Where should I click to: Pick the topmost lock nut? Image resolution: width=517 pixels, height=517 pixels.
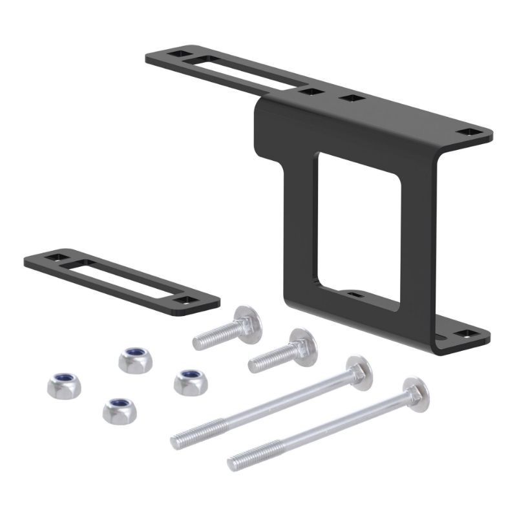[x=134, y=357]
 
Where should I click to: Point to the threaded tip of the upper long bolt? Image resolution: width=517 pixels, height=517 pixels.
[x=181, y=440]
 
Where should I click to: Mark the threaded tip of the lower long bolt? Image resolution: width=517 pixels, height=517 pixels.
[x=238, y=461]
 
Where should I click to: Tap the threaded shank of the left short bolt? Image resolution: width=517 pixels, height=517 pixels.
[x=213, y=335]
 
